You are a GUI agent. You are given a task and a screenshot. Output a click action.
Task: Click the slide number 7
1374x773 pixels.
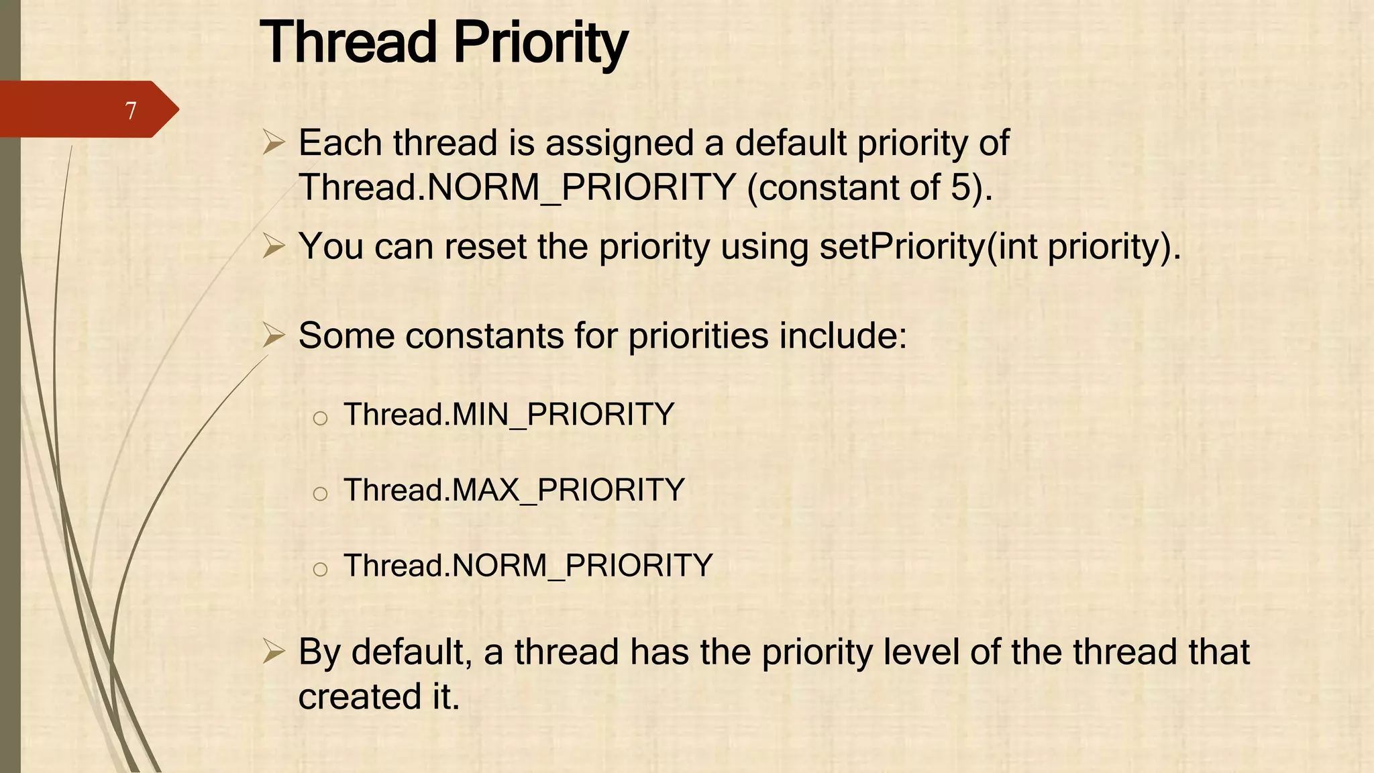(131, 110)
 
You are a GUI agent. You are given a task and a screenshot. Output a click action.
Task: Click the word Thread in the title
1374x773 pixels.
(348, 42)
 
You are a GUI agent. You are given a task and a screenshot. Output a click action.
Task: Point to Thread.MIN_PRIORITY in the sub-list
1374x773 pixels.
(509, 414)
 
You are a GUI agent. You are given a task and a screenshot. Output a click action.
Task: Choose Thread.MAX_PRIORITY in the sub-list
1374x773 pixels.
(514, 490)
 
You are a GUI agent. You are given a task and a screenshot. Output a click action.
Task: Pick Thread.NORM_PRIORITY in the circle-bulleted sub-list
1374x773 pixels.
(528, 566)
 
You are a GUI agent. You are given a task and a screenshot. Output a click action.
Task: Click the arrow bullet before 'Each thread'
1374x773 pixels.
(274, 142)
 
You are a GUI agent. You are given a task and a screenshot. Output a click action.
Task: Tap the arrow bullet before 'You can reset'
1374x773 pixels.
(274, 246)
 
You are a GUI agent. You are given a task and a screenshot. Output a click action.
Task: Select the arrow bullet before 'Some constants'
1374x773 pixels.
(274, 335)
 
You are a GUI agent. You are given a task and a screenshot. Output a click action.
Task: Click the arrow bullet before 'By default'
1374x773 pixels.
(274, 652)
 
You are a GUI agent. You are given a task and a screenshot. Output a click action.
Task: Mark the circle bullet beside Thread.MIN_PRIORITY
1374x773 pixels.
(320, 419)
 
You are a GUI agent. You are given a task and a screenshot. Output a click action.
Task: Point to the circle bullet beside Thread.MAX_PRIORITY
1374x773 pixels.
(320, 495)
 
